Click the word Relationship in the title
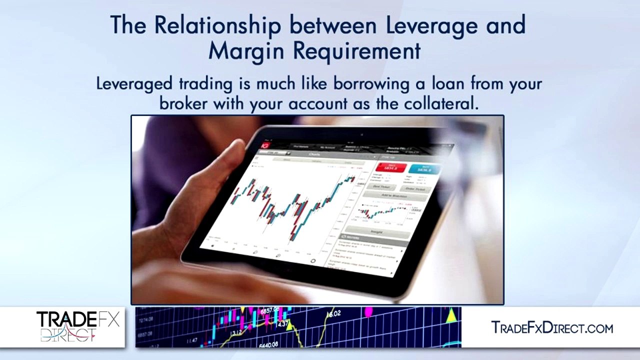(x=217, y=26)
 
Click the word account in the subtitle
(x=314, y=103)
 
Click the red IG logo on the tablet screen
(x=264, y=145)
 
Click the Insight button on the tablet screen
(x=376, y=231)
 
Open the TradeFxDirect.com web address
(x=551, y=328)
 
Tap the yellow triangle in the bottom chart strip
(x=451, y=315)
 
